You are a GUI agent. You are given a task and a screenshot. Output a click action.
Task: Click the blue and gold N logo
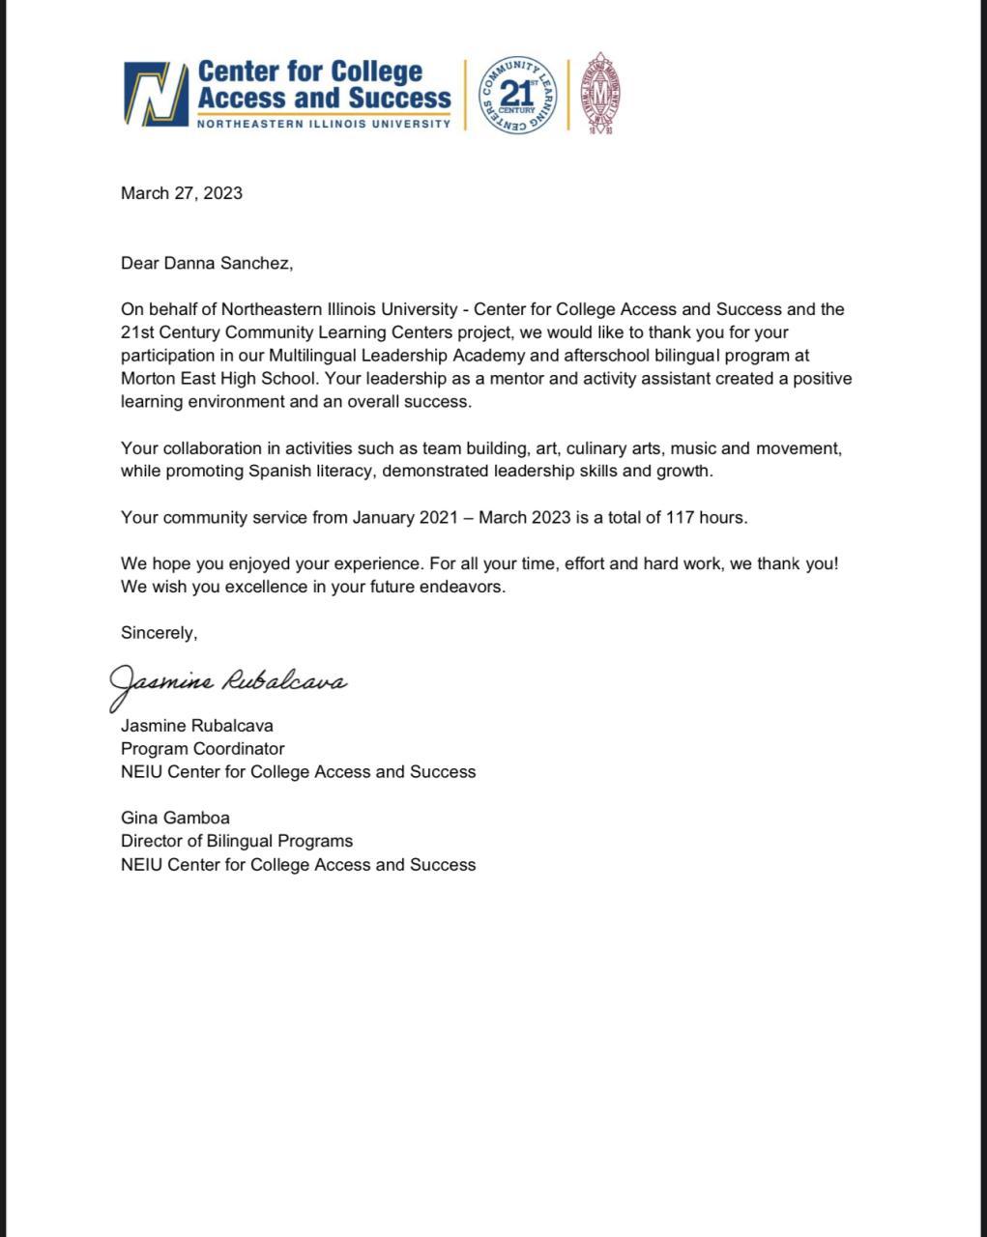point(156,95)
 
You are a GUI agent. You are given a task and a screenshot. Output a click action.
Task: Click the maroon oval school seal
point(600,93)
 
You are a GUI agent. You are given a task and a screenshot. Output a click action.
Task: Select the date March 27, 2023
point(182,193)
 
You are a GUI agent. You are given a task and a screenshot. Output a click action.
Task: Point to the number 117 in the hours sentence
point(680,518)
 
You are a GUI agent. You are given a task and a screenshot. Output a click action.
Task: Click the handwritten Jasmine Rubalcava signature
point(228,683)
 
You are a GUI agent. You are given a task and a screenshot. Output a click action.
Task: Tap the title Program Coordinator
point(203,749)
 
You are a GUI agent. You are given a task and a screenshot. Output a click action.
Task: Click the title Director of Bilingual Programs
point(237,842)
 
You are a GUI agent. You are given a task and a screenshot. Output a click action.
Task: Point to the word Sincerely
point(159,633)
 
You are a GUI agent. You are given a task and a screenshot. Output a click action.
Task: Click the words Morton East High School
point(219,379)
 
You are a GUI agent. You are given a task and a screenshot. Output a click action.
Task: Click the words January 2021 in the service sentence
point(405,518)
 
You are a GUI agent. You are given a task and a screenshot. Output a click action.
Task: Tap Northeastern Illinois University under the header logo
point(324,124)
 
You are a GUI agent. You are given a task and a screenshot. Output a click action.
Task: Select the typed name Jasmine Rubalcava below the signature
point(197,726)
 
